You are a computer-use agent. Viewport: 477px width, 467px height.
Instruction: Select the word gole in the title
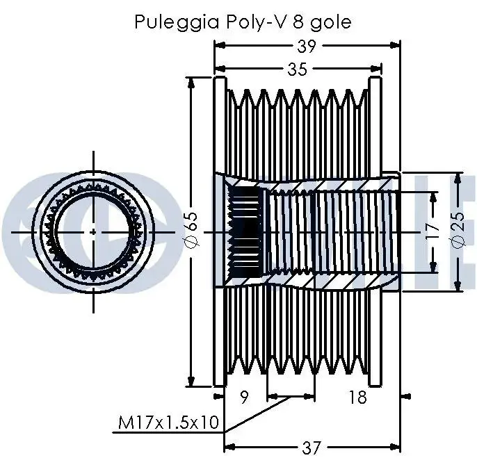click(330, 22)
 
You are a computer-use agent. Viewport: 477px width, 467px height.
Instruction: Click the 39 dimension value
click(307, 47)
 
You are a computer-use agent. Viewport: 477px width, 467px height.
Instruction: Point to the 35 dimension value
click(297, 69)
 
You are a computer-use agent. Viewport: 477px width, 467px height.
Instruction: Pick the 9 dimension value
click(243, 398)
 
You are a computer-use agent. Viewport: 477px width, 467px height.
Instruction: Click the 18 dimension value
click(357, 398)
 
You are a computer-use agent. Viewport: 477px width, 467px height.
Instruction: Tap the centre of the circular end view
click(94, 231)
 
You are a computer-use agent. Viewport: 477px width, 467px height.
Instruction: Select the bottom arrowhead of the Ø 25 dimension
click(458, 287)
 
